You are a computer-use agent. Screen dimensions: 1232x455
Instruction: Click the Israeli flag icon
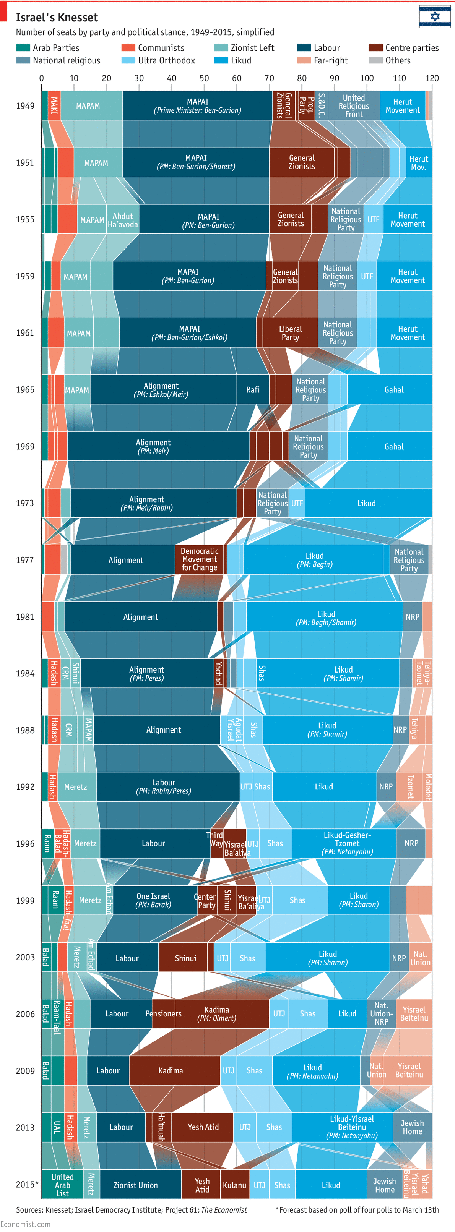434,17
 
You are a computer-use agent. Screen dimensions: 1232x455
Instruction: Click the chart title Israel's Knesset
57,18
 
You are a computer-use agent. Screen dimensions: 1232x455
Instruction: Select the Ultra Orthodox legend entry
166,60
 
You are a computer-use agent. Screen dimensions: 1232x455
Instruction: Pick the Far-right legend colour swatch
304,60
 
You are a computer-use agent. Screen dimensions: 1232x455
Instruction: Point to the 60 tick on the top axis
236,78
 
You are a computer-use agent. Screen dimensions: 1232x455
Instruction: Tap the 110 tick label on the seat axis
399,78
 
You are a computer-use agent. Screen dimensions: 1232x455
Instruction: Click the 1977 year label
25,560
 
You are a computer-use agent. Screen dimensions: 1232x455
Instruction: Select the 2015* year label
27,1185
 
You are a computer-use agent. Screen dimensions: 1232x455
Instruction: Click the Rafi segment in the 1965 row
253,390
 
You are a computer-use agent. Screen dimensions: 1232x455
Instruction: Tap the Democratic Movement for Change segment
200,559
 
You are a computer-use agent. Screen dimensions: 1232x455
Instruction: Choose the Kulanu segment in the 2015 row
234,1185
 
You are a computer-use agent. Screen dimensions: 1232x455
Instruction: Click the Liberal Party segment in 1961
290,333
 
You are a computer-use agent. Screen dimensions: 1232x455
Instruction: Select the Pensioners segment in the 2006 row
163,1014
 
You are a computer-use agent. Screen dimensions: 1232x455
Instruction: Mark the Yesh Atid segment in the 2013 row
203,1127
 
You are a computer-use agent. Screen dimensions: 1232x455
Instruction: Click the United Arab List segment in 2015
62,1185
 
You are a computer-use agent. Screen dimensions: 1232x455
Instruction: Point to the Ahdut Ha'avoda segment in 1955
122,220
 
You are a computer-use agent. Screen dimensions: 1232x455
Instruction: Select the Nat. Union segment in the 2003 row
420,958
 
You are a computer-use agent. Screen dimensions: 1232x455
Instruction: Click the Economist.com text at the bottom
25,1224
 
